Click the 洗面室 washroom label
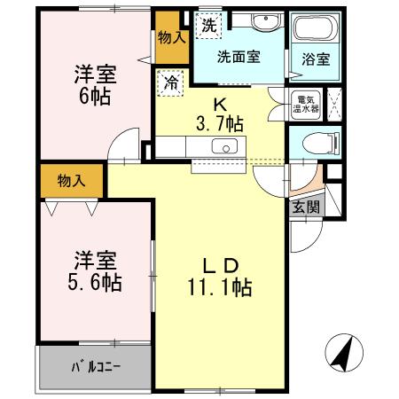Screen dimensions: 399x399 [239, 56]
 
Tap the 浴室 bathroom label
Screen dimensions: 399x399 [317, 61]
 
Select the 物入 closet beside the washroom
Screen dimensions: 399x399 [170, 37]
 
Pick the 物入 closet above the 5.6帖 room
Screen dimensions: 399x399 [72, 181]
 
